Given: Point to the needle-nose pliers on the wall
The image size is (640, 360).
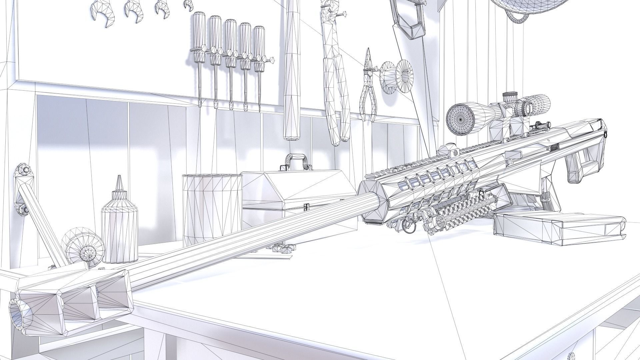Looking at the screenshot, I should point(368,88).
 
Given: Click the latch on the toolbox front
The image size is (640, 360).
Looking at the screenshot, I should point(305,208).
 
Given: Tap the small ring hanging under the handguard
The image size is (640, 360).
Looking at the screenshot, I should point(408,227).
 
